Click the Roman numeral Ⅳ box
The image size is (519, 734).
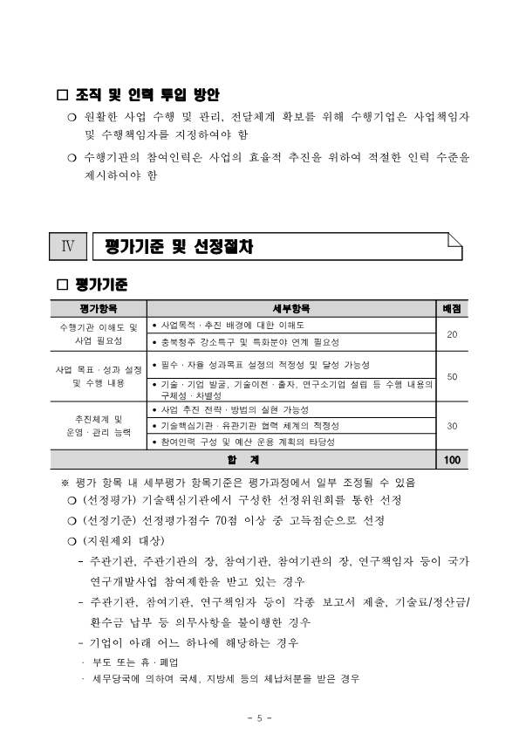click(67, 247)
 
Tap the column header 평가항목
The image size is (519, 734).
click(99, 308)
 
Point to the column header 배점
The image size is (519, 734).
click(452, 308)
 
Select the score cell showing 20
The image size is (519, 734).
click(452, 334)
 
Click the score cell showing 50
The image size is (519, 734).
click(452, 376)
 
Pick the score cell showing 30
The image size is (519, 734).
click(452, 426)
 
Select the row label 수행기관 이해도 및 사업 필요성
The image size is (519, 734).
click(99, 333)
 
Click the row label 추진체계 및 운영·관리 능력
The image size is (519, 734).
click(99, 426)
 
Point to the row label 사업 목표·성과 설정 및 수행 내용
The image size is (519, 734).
click(99, 376)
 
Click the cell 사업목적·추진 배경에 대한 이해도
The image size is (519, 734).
click(232, 325)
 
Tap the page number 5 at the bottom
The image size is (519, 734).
click(259, 717)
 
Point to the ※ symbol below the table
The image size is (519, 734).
click(64, 481)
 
